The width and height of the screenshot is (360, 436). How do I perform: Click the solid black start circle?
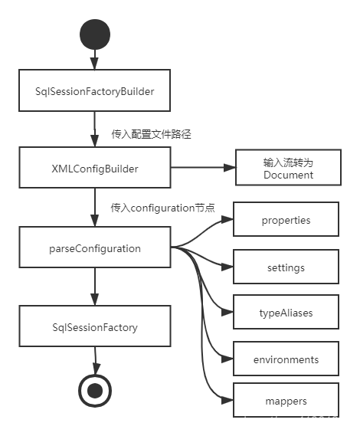click(x=95, y=34)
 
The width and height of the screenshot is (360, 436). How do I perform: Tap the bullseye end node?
click(x=95, y=390)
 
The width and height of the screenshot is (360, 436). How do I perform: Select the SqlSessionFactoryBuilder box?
click(x=94, y=90)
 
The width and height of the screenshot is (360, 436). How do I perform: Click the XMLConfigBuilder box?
click(x=95, y=167)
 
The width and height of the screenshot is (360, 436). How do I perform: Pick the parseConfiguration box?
click(x=95, y=248)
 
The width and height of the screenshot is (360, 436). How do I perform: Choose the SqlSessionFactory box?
click(x=95, y=326)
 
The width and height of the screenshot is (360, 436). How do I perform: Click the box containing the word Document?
click(x=288, y=167)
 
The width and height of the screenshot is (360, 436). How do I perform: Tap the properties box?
click(x=286, y=219)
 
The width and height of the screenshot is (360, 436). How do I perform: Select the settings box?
click(x=286, y=267)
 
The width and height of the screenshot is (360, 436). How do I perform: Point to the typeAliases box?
click(x=286, y=312)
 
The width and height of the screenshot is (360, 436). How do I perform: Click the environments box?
click(x=286, y=359)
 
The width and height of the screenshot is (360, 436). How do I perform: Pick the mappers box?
click(x=286, y=400)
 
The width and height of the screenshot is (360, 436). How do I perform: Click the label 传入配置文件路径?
click(x=151, y=134)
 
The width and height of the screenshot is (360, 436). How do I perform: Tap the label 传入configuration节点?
click(x=162, y=208)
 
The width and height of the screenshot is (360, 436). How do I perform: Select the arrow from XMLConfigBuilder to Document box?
click(x=203, y=167)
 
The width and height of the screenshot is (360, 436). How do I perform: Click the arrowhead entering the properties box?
click(x=227, y=220)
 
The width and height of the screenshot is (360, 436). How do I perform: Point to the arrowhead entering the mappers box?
click(x=227, y=401)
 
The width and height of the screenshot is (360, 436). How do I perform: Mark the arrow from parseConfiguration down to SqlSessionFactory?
click(x=95, y=287)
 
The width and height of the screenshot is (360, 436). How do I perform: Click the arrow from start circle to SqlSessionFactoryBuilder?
click(x=95, y=60)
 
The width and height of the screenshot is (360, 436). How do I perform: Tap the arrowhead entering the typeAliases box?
click(x=227, y=313)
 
